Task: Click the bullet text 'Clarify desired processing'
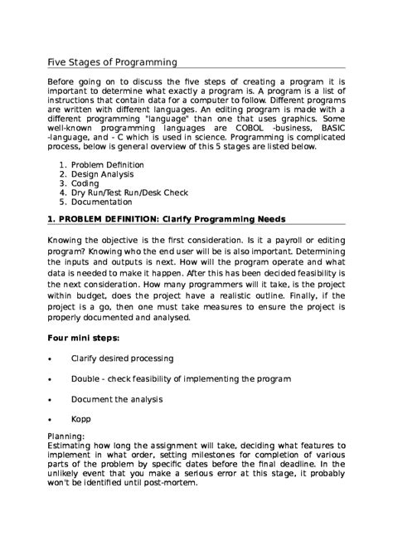click(x=122, y=358)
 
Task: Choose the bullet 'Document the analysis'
click(x=116, y=399)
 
